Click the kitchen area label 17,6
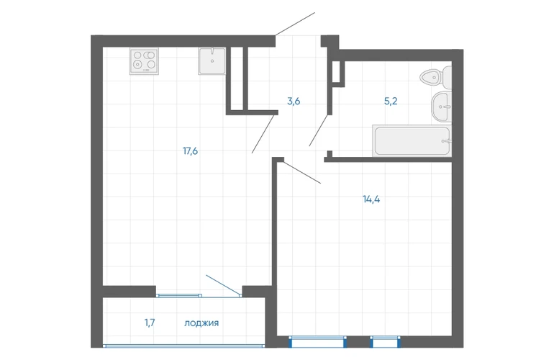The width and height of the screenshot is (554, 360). click(190, 151)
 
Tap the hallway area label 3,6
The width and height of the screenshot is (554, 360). click(294, 102)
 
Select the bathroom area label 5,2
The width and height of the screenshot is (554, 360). click(391, 102)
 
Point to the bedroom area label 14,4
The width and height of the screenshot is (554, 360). click(371, 199)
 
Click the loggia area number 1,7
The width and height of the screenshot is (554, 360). click(150, 323)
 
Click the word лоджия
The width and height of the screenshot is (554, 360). click(201, 323)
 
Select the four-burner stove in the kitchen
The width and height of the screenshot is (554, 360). click(144, 61)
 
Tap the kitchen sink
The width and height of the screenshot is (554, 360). click(212, 60)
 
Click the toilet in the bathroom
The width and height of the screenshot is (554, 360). click(435, 78)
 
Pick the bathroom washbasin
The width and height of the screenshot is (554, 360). click(441, 107)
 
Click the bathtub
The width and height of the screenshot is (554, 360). click(412, 140)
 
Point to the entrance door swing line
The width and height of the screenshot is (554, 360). click(295, 24)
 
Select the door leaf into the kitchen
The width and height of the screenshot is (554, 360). click(263, 134)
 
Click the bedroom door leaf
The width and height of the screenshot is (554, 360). click(302, 173)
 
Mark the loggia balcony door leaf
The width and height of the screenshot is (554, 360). click(223, 284)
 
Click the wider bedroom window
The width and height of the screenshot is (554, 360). click(317, 342)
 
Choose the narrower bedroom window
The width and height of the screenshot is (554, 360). click(386, 342)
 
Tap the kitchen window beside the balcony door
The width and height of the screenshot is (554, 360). click(179, 295)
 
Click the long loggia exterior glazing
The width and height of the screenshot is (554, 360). click(183, 346)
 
